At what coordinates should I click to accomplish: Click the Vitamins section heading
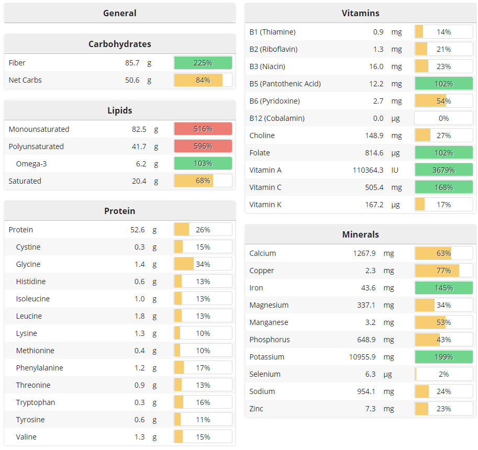[360, 13]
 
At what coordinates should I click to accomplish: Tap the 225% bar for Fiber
[203, 63]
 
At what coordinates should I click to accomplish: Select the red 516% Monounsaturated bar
[203, 129]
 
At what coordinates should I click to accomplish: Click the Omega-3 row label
[31, 164]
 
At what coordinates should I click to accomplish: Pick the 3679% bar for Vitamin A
[443, 170]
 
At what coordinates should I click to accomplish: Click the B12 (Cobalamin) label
[276, 118]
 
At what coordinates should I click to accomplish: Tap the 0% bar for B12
[443, 118]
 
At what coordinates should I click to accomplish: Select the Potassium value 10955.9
[370, 357]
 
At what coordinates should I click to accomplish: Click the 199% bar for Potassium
[443, 357]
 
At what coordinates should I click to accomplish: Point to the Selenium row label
[265, 374]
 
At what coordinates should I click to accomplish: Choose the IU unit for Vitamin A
[395, 170]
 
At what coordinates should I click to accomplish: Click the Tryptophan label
[35, 402]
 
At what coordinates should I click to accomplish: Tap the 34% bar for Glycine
[203, 264]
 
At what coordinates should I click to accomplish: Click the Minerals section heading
[360, 234]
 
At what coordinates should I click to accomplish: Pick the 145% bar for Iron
[443, 288]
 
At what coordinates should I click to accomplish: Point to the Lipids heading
[119, 110]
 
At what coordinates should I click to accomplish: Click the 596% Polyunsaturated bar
[203, 147]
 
